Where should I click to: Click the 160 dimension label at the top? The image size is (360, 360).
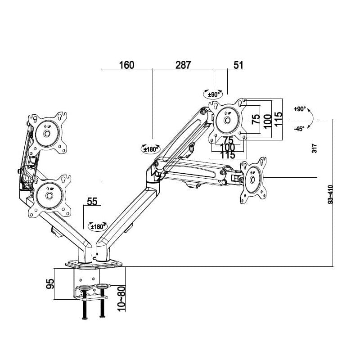(x=126, y=65)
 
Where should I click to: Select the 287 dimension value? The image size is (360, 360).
(x=183, y=65)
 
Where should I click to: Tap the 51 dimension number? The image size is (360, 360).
(x=238, y=65)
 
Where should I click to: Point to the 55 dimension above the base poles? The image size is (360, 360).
(x=92, y=202)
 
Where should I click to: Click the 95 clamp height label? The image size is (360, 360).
(x=50, y=283)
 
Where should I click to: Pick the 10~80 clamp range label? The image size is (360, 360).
(x=120, y=298)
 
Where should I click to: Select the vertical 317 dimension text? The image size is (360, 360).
(x=315, y=148)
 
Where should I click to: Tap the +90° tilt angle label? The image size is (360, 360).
(x=300, y=109)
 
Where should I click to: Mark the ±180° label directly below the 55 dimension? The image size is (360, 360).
(x=98, y=226)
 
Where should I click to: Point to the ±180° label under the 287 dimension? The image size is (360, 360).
(x=151, y=149)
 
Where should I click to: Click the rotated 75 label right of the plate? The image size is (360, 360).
(x=256, y=119)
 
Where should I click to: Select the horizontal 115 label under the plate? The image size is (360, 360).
(x=228, y=154)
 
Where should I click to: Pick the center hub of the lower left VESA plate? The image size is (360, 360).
(x=49, y=196)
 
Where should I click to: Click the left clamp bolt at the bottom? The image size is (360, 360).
(x=84, y=310)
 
